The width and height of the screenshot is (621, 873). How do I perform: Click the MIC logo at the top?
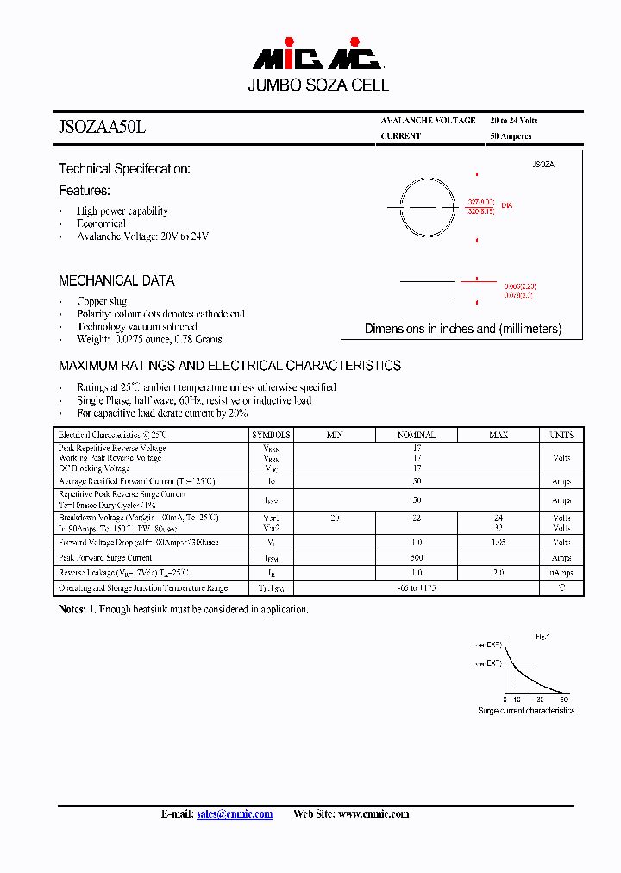pos(317,57)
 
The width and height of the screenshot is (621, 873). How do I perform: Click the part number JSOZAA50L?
pos(103,127)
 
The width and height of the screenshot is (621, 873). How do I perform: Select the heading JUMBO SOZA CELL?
pos(318,85)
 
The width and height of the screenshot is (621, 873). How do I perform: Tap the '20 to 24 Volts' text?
pos(514,121)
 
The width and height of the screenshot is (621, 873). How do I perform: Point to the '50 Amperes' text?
pos(511,136)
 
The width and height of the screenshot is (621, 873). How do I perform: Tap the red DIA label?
pos(506,205)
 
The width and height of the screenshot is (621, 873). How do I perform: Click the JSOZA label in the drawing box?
pos(543,164)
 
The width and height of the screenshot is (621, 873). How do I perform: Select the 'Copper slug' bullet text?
pos(102,301)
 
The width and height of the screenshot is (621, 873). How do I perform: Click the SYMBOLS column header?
pos(271,435)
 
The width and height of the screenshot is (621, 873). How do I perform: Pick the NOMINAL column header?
pos(417,435)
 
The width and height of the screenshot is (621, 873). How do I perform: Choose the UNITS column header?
pos(561,435)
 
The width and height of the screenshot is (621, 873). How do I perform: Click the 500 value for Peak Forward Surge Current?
pos(417,558)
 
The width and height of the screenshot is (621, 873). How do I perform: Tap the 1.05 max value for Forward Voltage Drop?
pos(498,543)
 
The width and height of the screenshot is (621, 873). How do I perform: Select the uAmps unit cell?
pos(561,573)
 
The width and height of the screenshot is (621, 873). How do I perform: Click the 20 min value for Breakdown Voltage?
pos(335,518)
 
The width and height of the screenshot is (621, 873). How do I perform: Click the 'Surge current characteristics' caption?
pos(526,711)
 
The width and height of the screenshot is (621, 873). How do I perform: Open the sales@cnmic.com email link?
pos(235,814)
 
